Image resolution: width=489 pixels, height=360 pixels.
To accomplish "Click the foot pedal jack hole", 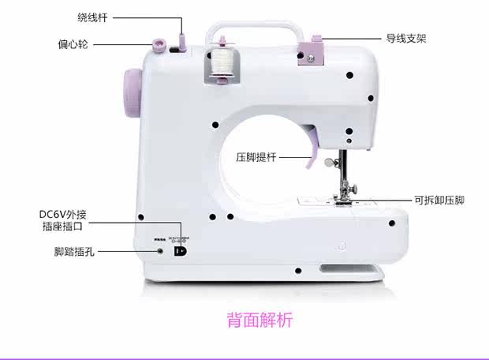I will [160, 251].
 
